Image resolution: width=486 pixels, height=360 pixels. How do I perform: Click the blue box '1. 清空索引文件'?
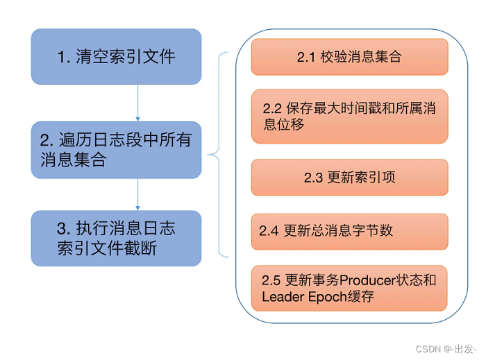pos(116,57)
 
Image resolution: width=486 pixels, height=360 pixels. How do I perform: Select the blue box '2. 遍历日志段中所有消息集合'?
pos(116,150)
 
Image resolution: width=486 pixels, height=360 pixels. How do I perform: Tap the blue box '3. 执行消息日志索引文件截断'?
pos(116,238)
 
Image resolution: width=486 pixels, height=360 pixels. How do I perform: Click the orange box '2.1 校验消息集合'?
pos(349,57)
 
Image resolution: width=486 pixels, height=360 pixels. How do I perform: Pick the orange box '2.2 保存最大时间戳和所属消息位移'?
pos(349,117)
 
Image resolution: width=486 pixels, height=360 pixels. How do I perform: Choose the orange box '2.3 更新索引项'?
pos(349,178)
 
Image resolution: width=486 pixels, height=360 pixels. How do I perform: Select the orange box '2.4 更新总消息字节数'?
pos(349,231)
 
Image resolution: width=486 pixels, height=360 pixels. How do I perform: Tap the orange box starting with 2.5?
pos(349,289)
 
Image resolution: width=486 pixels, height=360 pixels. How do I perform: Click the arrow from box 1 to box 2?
pos(137,103)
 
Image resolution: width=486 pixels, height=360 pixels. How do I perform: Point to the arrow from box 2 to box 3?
pos(137,194)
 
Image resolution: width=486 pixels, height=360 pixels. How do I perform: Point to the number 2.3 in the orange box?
pos(313,178)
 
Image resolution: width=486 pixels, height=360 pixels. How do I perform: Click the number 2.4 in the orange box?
pos(269,231)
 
